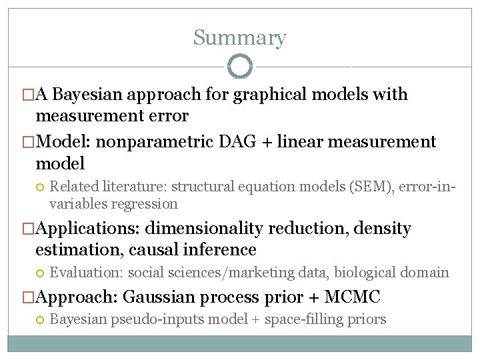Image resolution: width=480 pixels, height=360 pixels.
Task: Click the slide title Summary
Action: pos(239,38)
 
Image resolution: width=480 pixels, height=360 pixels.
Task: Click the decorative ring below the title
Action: pos(239,67)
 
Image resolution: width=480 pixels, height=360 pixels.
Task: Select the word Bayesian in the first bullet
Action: pos(90,95)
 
